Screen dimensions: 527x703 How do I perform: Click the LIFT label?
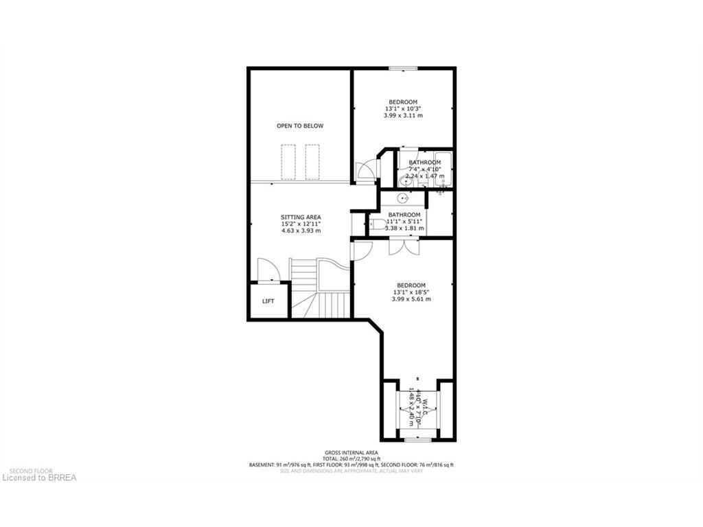point(268,301)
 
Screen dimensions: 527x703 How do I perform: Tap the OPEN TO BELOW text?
point(300,126)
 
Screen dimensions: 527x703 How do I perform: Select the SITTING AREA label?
point(301,217)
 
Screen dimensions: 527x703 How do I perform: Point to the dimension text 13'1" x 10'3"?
point(403,108)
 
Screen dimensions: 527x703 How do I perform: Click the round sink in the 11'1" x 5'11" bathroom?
point(402,198)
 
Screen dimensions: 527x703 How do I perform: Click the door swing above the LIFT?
point(268,270)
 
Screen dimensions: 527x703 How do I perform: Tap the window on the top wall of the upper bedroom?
point(403,68)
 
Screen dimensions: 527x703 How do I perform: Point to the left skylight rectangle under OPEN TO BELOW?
point(288,162)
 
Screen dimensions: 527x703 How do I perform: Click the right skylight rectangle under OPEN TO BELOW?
point(312,162)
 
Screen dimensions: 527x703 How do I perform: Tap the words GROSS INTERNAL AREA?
point(351,452)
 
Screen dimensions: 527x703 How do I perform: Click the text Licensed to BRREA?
point(38,477)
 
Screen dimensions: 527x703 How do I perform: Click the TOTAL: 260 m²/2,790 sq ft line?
point(351,458)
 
